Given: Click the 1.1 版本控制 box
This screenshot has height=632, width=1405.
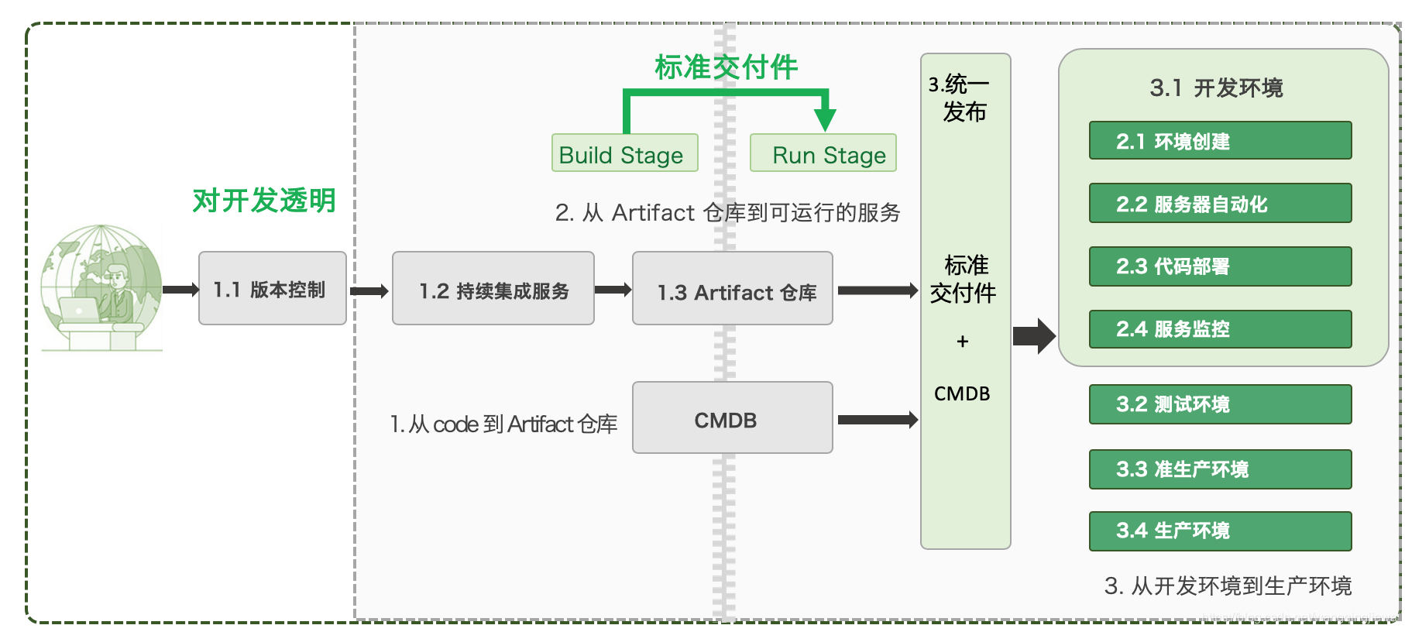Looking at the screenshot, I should point(272,288).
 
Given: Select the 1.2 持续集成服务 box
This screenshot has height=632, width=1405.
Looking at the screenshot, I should point(493,288).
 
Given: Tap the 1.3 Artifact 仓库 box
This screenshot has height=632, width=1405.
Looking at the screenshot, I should point(732,288).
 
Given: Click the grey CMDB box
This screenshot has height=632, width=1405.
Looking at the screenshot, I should point(732,417).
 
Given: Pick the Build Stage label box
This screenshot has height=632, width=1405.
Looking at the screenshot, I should point(624,153).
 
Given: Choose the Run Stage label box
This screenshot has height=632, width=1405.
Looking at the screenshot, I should point(823,153).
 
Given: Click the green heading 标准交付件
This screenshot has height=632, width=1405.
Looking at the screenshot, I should point(726,67).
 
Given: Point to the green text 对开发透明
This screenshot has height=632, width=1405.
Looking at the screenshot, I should point(263,201).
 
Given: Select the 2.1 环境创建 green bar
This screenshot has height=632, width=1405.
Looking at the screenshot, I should point(1219,141).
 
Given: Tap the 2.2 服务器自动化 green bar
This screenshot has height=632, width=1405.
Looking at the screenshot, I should point(1219,203).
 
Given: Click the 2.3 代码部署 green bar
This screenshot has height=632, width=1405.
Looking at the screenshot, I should point(1219,266).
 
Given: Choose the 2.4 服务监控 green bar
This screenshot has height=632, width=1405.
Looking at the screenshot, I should point(1219,329).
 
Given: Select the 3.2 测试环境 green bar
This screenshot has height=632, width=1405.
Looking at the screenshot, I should point(1219,404).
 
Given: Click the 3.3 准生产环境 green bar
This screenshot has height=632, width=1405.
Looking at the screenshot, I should point(1219,469).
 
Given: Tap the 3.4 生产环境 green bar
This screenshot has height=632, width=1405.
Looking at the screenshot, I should point(1219,531).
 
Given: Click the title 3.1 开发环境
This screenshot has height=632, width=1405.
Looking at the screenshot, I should point(1216,88).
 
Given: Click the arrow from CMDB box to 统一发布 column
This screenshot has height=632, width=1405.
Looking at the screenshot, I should point(877,420).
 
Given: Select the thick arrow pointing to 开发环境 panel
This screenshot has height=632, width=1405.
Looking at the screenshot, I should point(1034,335).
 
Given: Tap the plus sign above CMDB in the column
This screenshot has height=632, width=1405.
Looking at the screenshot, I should point(963,342).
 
